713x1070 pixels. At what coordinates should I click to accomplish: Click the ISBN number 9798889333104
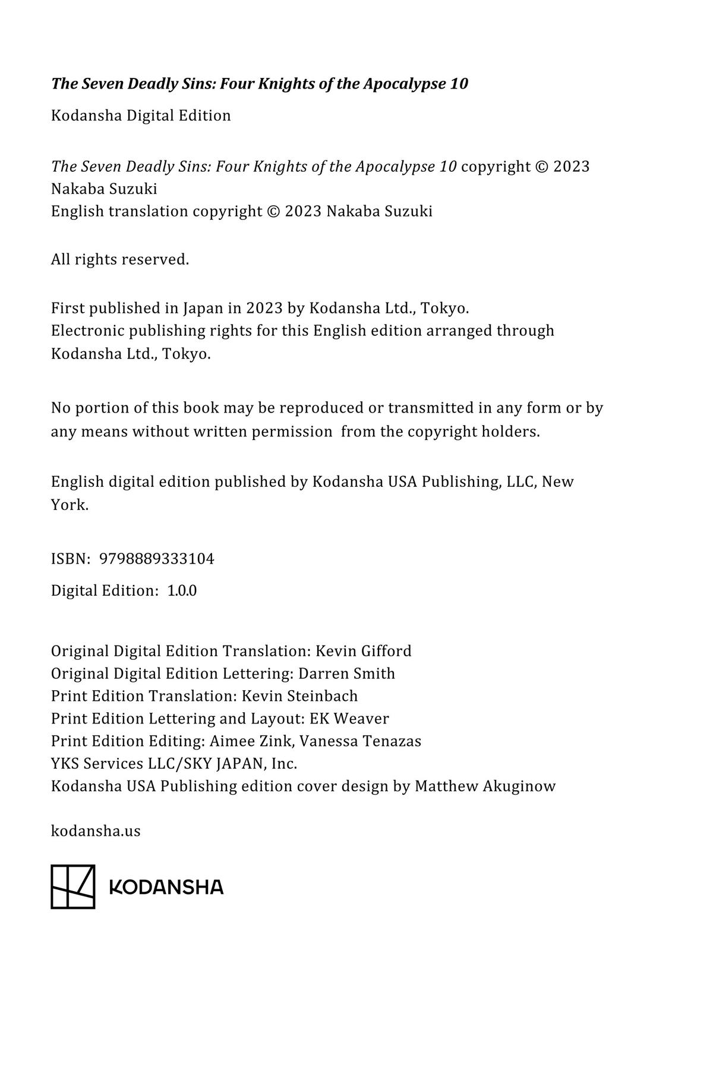click(x=157, y=559)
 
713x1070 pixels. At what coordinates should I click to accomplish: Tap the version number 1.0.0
click(x=182, y=591)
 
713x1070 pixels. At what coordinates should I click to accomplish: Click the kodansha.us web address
click(x=96, y=831)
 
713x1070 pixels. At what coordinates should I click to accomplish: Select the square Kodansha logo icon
click(x=73, y=886)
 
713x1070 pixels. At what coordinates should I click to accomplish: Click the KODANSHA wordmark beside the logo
click(x=166, y=888)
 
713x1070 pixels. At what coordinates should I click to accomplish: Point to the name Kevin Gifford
click(x=363, y=651)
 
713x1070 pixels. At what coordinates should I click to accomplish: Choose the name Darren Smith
click(x=346, y=674)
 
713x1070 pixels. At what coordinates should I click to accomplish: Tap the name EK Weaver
click(x=349, y=719)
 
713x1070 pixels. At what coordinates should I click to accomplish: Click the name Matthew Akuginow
click(x=485, y=786)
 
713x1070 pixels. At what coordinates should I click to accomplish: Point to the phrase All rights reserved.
click(x=120, y=260)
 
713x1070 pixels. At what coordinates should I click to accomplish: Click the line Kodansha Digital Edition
click(x=141, y=115)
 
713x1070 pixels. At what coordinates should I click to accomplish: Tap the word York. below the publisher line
click(x=70, y=505)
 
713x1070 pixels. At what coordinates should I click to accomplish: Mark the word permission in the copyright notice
click(x=292, y=432)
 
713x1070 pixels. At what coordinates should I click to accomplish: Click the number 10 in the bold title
click(x=459, y=84)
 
